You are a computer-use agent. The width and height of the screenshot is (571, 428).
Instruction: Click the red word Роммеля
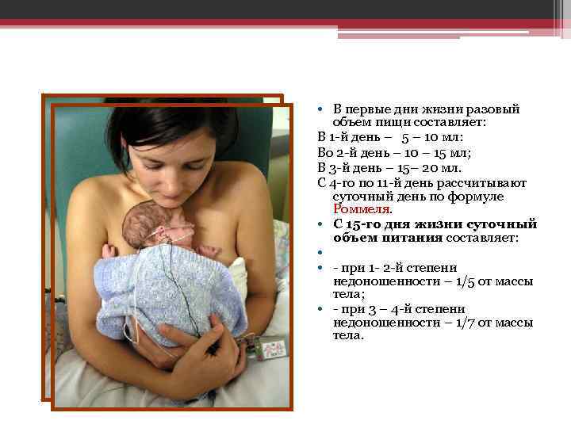(362, 210)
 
